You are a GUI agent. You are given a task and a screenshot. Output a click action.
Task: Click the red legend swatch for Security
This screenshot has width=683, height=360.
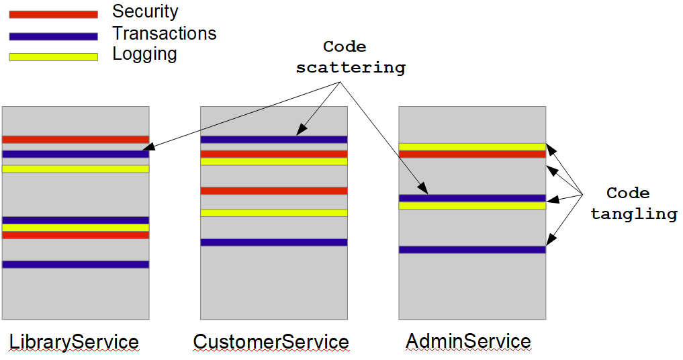pyautogui.click(x=53, y=14)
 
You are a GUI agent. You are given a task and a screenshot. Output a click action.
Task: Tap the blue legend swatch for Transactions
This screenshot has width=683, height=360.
pyautogui.click(x=53, y=36)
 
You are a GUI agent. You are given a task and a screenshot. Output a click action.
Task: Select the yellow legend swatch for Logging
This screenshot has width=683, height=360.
pyautogui.click(x=53, y=57)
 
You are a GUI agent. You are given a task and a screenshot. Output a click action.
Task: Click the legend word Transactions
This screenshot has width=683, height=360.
pyautogui.click(x=164, y=34)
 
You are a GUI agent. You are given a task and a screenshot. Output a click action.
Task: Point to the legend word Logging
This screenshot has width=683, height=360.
pyautogui.click(x=144, y=54)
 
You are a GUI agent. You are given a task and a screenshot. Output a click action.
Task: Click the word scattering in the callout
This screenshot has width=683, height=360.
pyautogui.click(x=351, y=68)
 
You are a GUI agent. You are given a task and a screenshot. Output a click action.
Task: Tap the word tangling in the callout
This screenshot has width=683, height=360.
pyautogui.click(x=633, y=214)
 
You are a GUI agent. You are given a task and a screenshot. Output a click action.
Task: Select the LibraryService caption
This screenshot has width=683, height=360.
pyautogui.click(x=74, y=342)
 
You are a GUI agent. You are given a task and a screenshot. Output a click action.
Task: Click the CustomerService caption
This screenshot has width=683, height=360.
pyautogui.click(x=271, y=342)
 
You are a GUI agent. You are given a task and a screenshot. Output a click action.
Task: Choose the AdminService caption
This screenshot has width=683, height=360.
pyautogui.click(x=468, y=341)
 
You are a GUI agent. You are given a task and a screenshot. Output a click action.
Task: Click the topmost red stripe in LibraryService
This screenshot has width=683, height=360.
pyautogui.click(x=75, y=140)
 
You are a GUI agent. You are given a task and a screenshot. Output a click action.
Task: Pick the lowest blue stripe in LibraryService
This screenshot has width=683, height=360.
pyautogui.click(x=75, y=265)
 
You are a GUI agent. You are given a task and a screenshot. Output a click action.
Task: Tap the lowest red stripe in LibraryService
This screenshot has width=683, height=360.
pyautogui.click(x=75, y=235)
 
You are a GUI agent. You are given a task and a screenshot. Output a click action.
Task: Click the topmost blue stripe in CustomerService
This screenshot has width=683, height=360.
pyautogui.click(x=273, y=140)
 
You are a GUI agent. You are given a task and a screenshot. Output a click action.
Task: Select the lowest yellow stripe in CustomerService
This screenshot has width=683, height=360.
pyautogui.click(x=273, y=212)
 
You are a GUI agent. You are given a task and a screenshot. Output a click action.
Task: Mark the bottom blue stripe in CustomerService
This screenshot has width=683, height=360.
pyautogui.click(x=273, y=242)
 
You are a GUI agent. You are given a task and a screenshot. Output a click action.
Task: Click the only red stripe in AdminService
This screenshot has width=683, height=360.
pyautogui.click(x=471, y=154)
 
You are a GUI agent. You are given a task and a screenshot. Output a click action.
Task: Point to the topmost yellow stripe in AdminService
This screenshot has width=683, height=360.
pyautogui.click(x=471, y=146)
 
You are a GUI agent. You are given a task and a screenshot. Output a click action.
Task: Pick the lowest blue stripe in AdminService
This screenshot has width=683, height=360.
pyautogui.click(x=471, y=250)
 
